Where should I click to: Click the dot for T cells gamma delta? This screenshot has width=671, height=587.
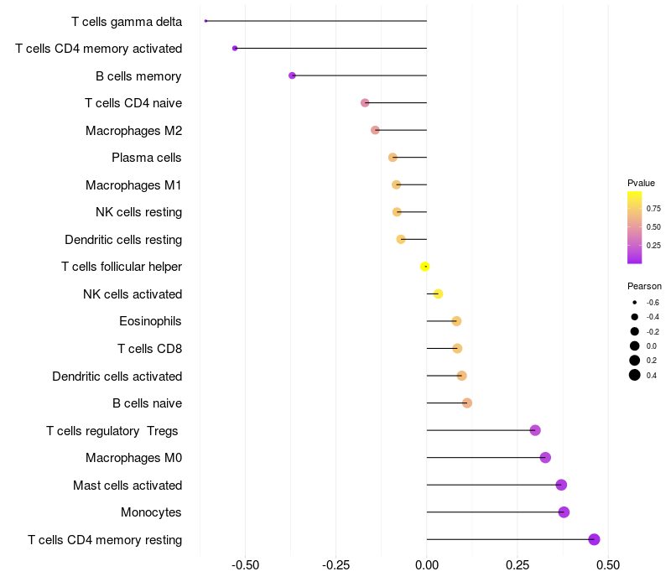point(205,21)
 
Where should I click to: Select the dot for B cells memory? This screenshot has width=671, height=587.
point(292,75)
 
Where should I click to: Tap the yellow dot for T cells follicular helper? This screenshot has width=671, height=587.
point(425,267)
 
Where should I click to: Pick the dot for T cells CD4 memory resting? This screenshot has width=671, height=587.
point(594,539)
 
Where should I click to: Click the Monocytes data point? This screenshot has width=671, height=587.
point(564,512)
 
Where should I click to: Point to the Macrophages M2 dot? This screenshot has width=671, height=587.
point(375,130)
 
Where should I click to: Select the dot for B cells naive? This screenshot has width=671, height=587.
point(467,403)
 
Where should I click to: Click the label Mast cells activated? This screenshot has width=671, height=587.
point(127,485)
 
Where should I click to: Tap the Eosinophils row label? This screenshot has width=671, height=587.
point(150,321)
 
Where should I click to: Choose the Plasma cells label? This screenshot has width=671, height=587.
point(147,158)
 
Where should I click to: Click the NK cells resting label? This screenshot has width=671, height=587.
point(138,212)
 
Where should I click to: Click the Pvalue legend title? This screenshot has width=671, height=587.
point(641,183)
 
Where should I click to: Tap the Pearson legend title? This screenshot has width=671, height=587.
point(644,286)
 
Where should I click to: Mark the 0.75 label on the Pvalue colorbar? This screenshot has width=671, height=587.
point(653,208)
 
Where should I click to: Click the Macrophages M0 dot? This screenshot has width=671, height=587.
point(545,458)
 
